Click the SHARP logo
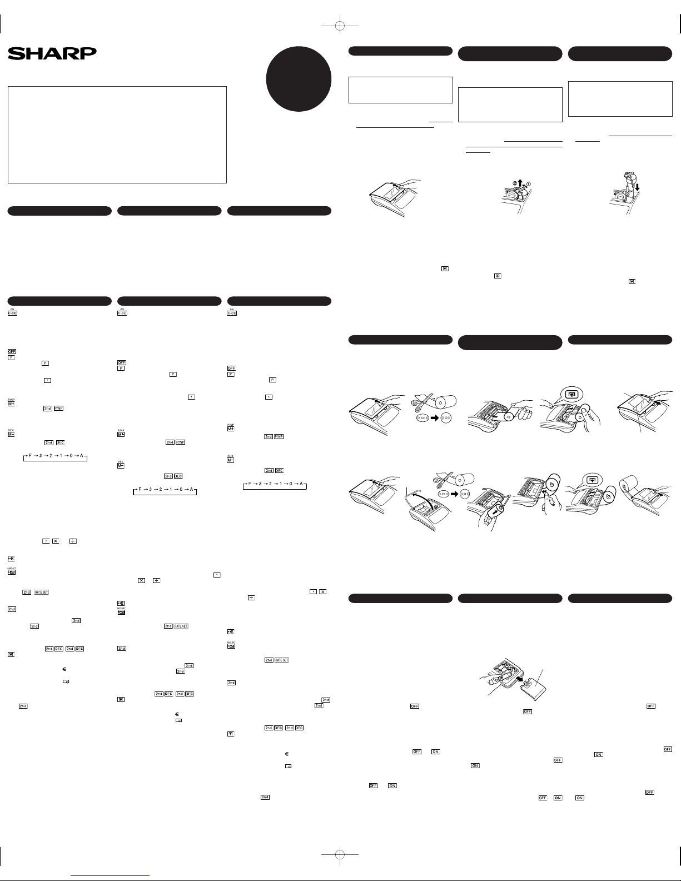point(52,53)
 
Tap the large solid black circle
point(299,78)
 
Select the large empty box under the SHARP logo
point(117,135)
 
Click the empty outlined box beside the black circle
point(400,90)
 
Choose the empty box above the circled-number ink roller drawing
point(510,104)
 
